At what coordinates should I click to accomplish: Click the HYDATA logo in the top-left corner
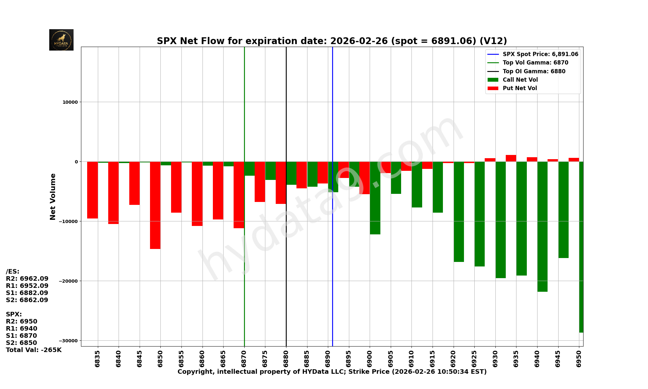tap(61, 40)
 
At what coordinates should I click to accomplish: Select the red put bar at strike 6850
tap(155, 205)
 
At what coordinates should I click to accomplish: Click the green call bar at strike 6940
tap(542, 227)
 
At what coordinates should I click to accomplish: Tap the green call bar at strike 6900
tap(375, 198)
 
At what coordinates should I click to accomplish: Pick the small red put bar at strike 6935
tap(511, 158)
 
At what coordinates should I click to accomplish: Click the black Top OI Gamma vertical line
tap(286, 259)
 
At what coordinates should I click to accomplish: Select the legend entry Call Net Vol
tap(520, 80)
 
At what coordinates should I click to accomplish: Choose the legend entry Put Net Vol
tap(520, 88)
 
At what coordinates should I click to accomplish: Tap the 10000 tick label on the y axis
tap(70, 102)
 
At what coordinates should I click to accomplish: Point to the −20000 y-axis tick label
tap(68, 281)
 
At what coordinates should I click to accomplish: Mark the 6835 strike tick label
tap(98, 358)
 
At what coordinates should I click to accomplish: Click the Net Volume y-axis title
tap(53, 197)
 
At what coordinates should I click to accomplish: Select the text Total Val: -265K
tap(34, 350)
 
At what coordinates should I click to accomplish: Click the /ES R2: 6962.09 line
tap(27, 279)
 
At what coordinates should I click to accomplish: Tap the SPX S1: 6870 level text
tap(21, 336)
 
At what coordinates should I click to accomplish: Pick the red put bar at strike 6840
tap(113, 193)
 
